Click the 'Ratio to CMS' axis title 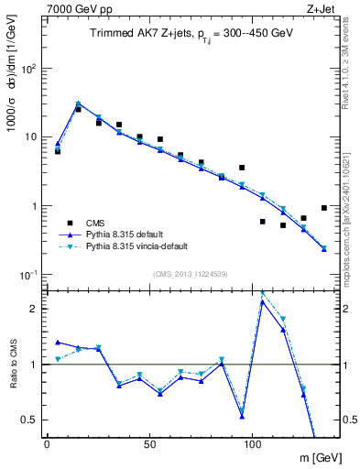tap(15, 365)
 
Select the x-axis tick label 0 tap(47, 444)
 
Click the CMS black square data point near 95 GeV tap(242, 168)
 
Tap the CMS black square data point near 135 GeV tap(324, 208)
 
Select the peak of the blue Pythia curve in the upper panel tap(78, 104)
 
